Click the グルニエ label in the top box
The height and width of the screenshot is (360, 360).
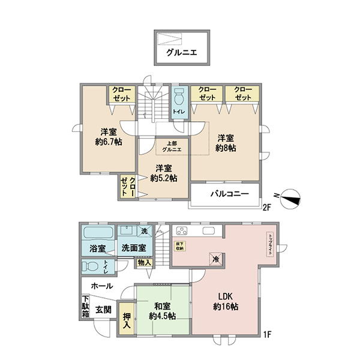(182, 53)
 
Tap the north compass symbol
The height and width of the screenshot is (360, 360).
(290, 199)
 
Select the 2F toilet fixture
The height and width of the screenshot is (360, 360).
(179, 97)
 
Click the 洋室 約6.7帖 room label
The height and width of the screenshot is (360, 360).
(109, 137)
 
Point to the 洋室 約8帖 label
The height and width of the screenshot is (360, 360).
(226, 143)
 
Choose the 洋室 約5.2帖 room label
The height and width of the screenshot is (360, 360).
(164, 173)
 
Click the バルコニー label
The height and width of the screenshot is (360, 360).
(230, 194)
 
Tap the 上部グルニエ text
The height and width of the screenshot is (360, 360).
(172, 146)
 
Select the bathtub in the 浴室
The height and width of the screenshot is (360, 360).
(98, 233)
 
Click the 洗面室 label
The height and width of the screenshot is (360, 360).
(134, 248)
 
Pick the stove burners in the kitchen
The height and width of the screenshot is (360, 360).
(182, 231)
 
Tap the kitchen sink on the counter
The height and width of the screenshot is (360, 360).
(208, 231)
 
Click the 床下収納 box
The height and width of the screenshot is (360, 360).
(180, 246)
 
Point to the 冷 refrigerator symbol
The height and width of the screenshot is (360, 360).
(216, 259)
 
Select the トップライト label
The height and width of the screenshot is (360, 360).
(270, 245)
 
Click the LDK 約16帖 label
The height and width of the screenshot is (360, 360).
(226, 301)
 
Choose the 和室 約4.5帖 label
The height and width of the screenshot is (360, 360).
(163, 311)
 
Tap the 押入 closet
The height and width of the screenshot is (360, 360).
(127, 319)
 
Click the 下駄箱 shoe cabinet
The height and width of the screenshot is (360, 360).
(85, 307)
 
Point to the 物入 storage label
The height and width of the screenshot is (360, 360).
(145, 262)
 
